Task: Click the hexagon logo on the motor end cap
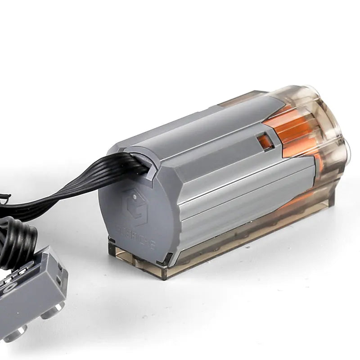(x=135, y=207)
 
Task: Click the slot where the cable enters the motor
(x=144, y=166)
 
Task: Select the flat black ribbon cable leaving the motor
(x=90, y=184)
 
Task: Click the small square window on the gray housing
(x=265, y=141)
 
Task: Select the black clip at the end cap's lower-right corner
(x=168, y=258)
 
